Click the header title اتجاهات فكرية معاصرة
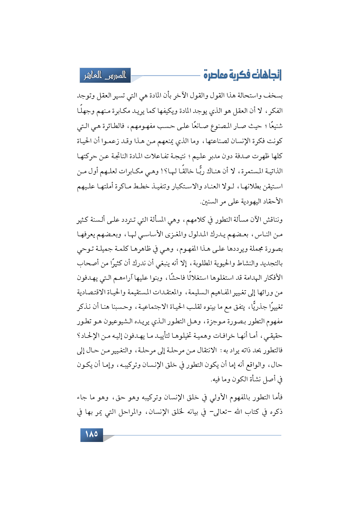242,75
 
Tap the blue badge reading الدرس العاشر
105,75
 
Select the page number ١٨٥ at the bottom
91,434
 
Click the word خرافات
222,336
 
